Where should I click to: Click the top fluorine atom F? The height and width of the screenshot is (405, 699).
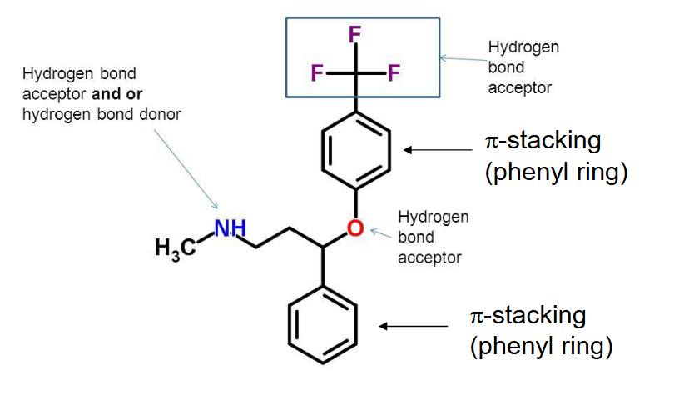click(355, 35)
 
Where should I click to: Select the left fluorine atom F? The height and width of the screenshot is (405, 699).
click(317, 73)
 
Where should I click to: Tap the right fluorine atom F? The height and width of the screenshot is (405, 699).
click(394, 73)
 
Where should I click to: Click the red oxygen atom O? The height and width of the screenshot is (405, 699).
click(355, 227)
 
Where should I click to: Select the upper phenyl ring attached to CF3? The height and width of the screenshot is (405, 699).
click(355, 149)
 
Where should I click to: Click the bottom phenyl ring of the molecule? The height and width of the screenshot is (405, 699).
click(322, 326)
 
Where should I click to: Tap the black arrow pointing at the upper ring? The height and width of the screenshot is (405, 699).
click(438, 150)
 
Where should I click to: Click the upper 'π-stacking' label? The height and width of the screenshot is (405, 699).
click(542, 138)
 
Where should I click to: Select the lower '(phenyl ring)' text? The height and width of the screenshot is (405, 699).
click(542, 345)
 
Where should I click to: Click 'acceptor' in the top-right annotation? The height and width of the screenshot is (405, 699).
click(520, 87)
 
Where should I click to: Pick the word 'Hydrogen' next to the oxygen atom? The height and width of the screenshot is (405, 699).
click(433, 217)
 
